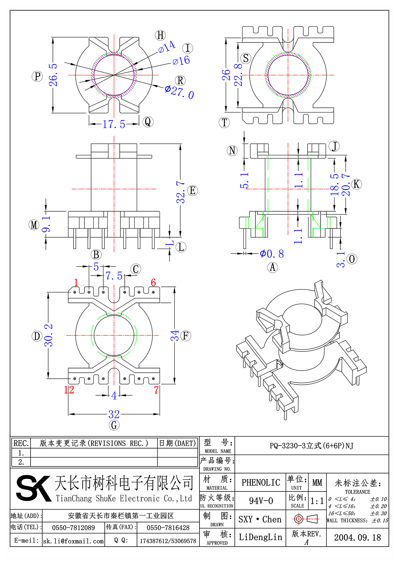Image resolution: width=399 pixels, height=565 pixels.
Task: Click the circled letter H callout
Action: point(161,35)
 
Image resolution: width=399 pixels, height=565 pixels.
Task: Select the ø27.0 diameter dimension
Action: point(180,92)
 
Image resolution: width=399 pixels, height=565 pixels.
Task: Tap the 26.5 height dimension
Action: point(53,75)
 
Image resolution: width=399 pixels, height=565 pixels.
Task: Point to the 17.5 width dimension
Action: point(114,124)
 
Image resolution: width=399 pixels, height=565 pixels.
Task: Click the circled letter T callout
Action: point(224,122)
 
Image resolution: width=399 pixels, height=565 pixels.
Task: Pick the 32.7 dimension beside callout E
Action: point(181,192)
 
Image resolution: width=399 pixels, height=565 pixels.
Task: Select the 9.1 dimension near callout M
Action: point(46,224)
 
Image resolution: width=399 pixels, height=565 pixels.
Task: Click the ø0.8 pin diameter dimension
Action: point(272,254)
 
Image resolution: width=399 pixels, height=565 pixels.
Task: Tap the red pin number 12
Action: point(69,390)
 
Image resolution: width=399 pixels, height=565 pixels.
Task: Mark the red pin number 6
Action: point(153,282)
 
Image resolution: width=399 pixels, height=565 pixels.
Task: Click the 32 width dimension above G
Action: point(114,414)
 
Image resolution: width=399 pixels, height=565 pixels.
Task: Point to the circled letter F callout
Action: point(186,335)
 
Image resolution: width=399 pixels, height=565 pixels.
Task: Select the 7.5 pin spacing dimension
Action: point(114,276)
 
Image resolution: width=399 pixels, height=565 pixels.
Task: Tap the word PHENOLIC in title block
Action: point(261,482)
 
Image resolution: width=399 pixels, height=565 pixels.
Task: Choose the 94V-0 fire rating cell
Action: point(261,501)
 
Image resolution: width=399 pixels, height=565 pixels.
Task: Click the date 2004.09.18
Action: point(357,538)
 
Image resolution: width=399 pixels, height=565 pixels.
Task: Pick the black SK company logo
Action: point(33,488)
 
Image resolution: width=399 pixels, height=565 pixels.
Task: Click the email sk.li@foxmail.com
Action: point(73,541)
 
